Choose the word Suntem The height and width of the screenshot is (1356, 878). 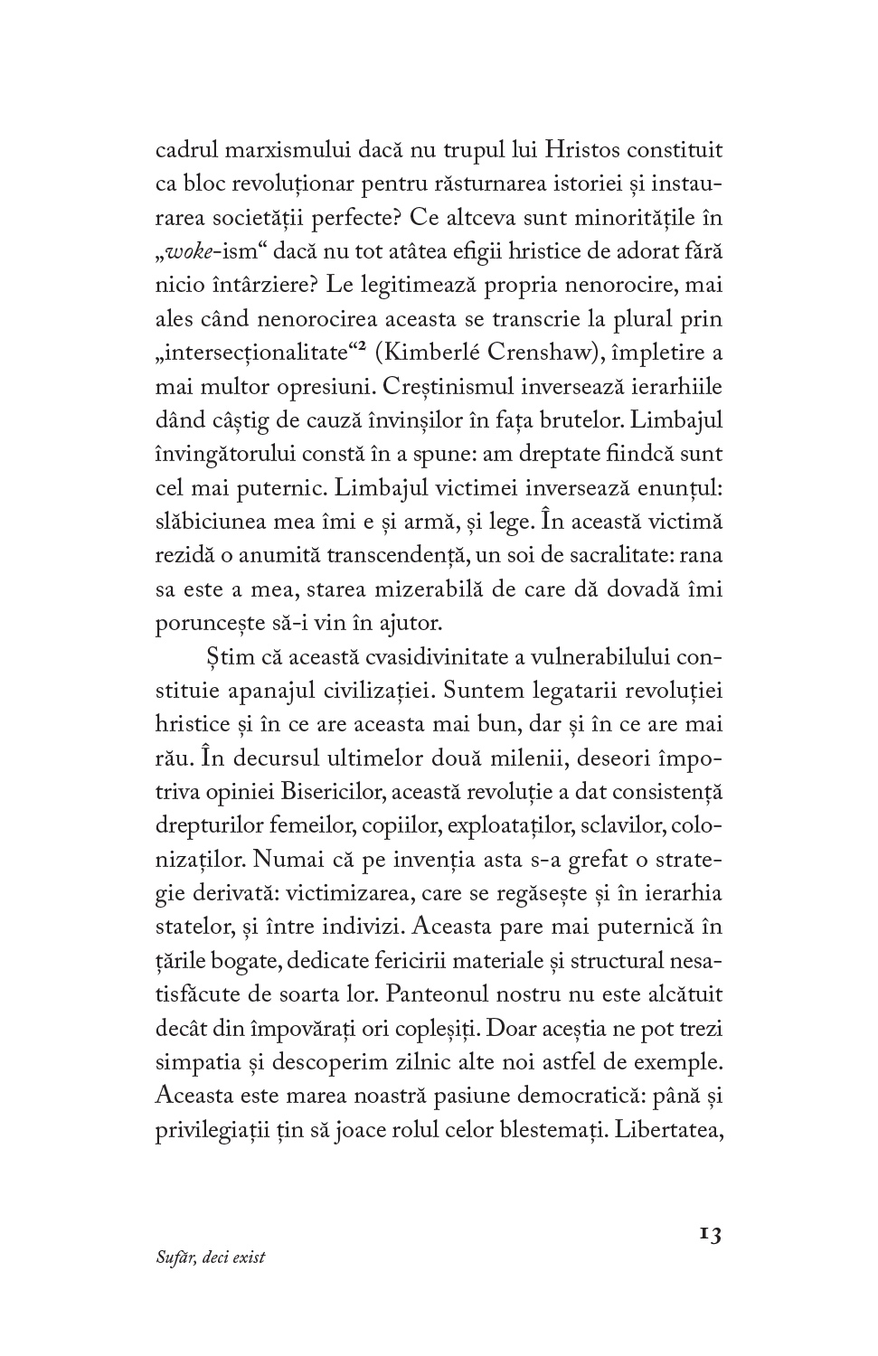point(477,691)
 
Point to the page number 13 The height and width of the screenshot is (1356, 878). point(710,1235)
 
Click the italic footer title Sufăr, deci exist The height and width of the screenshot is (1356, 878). point(211,1257)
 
